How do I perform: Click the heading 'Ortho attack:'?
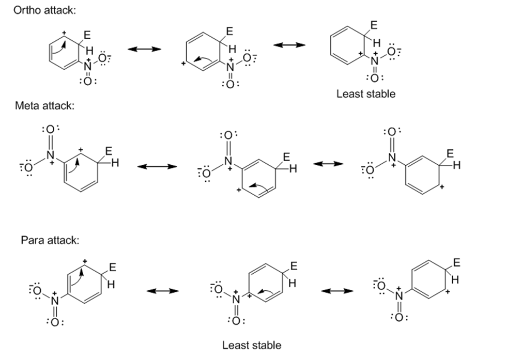pyautogui.click(x=44, y=11)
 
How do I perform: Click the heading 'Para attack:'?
pyautogui.click(x=43, y=240)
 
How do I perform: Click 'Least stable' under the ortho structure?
pyautogui.click(x=365, y=93)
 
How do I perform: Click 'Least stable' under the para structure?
pyautogui.click(x=252, y=345)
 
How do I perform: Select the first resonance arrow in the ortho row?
pyautogui.click(x=145, y=49)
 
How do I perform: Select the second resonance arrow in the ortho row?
pyautogui.click(x=289, y=45)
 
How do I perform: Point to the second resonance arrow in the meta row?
pyautogui.click(x=329, y=164)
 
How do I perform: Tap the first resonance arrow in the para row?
pyautogui.click(x=162, y=291)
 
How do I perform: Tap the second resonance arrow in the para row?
pyautogui.click(x=338, y=291)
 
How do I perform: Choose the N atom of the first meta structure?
pyautogui.click(x=50, y=154)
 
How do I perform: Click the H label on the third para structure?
pyautogui.click(x=454, y=279)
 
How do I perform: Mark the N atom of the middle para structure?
pyautogui.click(x=236, y=300)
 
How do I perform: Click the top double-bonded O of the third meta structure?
pyautogui.click(x=391, y=132)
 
